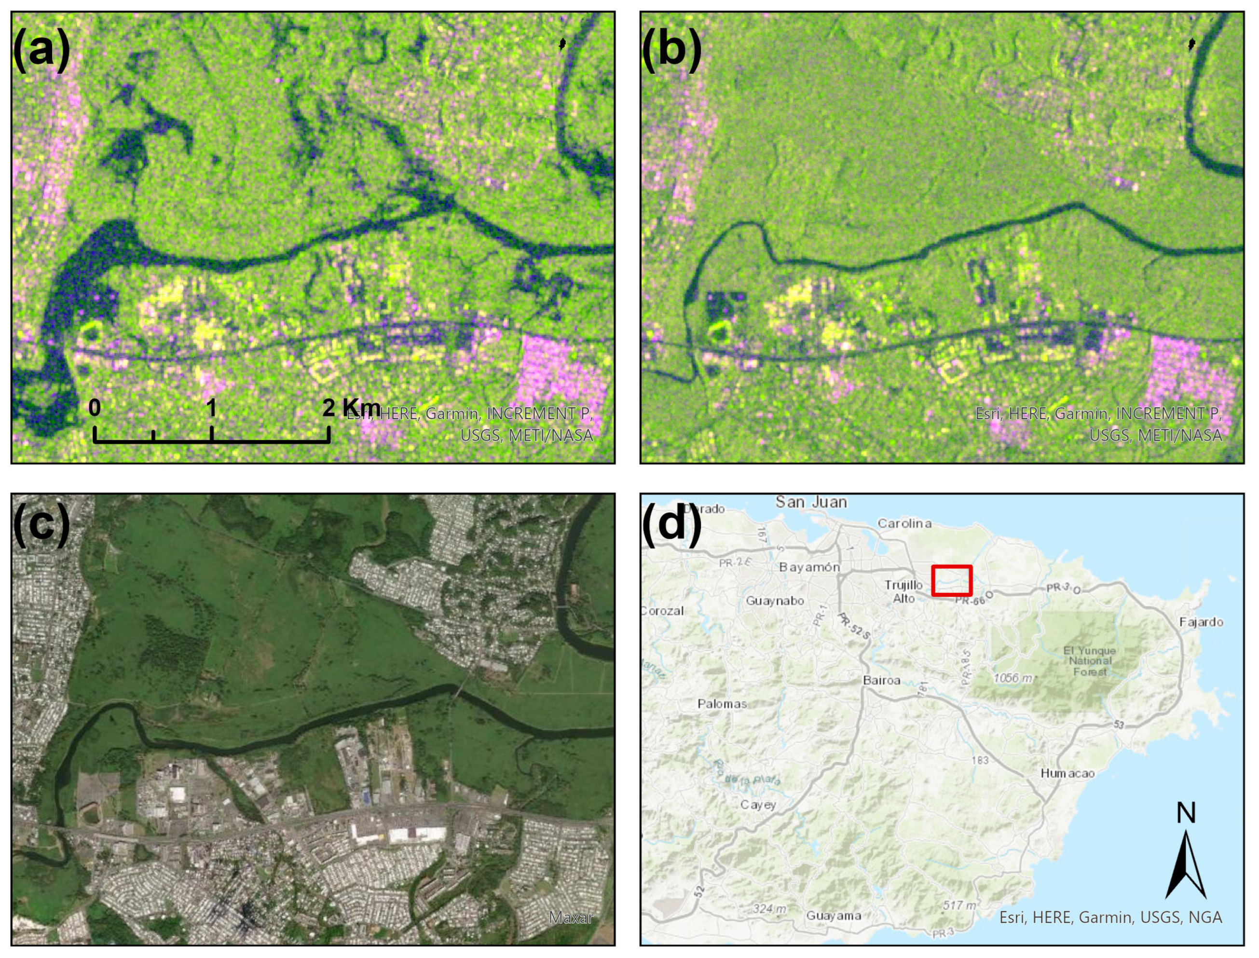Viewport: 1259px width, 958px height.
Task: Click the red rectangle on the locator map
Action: pyautogui.click(x=951, y=580)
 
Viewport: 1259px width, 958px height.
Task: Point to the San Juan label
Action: pyautogui.click(x=811, y=502)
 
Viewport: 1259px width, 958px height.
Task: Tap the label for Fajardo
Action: pyautogui.click(x=1201, y=622)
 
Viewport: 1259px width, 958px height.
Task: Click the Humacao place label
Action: pyautogui.click(x=1067, y=773)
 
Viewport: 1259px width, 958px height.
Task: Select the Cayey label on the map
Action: pyautogui.click(x=758, y=805)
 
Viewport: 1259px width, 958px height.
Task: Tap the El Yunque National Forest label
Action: pyautogui.click(x=1090, y=661)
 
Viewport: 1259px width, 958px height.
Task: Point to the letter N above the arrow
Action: pyautogui.click(x=1186, y=813)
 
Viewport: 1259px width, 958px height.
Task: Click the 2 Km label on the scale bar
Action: pyautogui.click(x=351, y=407)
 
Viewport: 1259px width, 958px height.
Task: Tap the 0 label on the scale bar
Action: pyautogui.click(x=95, y=408)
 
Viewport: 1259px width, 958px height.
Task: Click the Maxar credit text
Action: pyautogui.click(x=571, y=917)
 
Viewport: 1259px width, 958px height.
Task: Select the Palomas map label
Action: pyautogui.click(x=722, y=704)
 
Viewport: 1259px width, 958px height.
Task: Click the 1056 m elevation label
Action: pyautogui.click(x=1013, y=678)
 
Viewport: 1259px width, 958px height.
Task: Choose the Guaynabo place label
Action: pyautogui.click(x=775, y=601)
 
